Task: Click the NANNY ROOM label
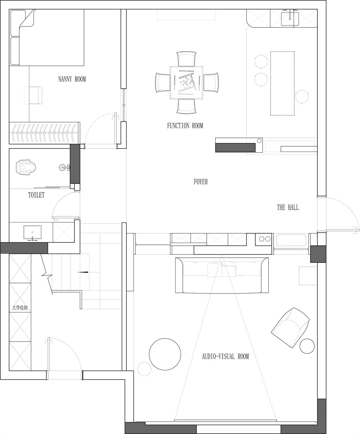pyautogui.click(x=72, y=79)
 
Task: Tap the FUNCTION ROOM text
pyautogui.click(x=185, y=126)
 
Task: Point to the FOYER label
pyautogui.click(x=201, y=182)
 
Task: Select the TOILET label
pyautogui.click(x=36, y=195)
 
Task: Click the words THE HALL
pyautogui.click(x=288, y=208)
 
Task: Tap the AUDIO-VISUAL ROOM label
pyautogui.click(x=225, y=357)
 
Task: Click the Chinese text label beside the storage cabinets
pyautogui.click(x=20, y=308)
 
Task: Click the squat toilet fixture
pyautogui.click(x=26, y=167)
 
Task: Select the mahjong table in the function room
pyautogui.click(x=186, y=83)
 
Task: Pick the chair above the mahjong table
pyautogui.click(x=186, y=59)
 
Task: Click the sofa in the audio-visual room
pyautogui.click(x=222, y=275)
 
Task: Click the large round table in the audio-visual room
pyautogui.click(x=165, y=354)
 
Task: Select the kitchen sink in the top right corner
pyautogui.click(x=290, y=19)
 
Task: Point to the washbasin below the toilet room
pyautogui.click(x=32, y=232)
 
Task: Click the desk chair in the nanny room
pyautogui.click(x=35, y=95)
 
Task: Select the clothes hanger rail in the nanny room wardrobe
pyautogui.click(x=44, y=133)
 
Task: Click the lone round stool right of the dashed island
pyautogui.click(x=302, y=97)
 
